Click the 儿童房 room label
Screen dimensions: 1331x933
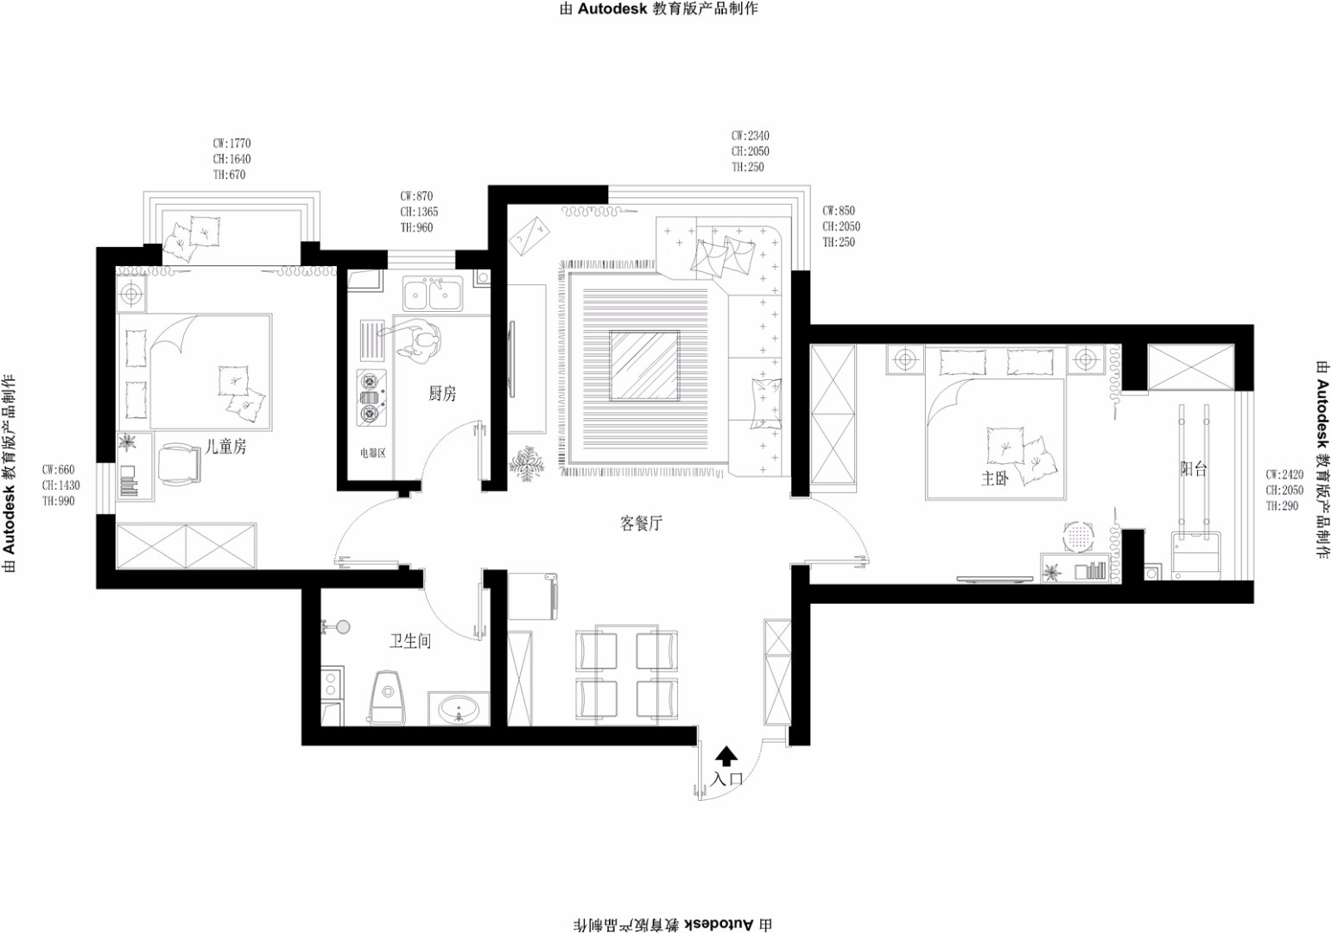click(x=225, y=447)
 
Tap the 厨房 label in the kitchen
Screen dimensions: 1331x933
click(x=442, y=393)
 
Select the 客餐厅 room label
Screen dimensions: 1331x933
click(x=641, y=523)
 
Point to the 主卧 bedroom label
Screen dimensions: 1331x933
click(x=995, y=479)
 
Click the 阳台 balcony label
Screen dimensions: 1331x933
click(x=1194, y=469)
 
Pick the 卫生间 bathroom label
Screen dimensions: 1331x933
click(x=410, y=641)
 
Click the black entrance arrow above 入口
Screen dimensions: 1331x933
click(x=726, y=757)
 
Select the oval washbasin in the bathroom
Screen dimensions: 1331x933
click(x=458, y=709)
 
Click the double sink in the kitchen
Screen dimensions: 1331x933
click(x=433, y=294)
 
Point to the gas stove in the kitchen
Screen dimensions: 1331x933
click(x=371, y=397)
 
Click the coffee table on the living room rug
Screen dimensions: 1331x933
click(x=644, y=365)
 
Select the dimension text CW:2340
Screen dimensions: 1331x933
click(x=750, y=136)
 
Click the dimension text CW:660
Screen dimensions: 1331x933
click(x=58, y=469)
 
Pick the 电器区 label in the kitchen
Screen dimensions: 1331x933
click(x=372, y=453)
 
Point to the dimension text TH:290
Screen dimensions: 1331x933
click(x=1282, y=505)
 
